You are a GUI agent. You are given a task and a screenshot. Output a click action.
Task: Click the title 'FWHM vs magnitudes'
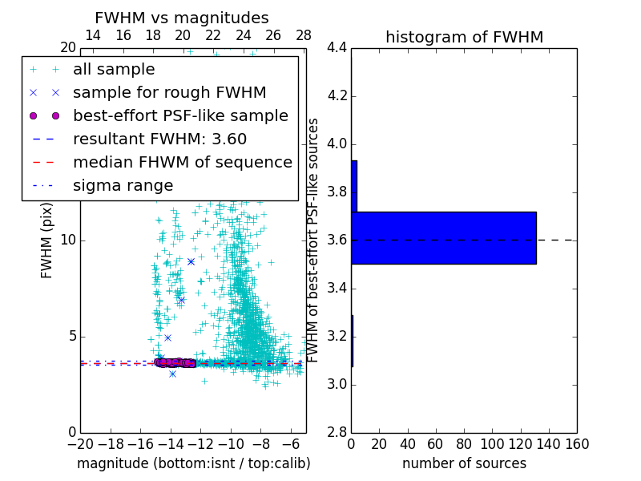click(182, 18)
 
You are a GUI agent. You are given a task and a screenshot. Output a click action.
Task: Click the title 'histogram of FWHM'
click(464, 37)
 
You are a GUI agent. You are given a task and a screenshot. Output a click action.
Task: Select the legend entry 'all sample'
click(114, 70)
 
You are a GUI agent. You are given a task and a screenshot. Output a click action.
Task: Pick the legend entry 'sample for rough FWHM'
click(169, 92)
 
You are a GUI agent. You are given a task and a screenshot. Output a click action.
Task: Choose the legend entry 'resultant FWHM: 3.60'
click(159, 139)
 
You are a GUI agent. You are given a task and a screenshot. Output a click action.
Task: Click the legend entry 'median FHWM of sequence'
click(182, 162)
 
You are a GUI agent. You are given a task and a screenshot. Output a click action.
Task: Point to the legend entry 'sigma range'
click(123, 185)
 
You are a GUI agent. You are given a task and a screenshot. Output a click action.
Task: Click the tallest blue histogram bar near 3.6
click(443, 237)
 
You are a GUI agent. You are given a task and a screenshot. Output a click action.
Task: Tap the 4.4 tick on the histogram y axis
click(337, 48)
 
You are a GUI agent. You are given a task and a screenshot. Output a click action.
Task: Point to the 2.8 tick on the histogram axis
click(337, 432)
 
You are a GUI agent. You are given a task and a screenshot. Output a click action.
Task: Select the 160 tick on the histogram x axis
click(576, 444)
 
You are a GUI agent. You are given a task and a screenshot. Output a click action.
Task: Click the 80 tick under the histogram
click(464, 444)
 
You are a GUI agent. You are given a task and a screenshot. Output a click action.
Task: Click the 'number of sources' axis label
click(464, 463)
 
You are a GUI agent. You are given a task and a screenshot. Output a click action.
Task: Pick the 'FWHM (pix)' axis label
click(47, 240)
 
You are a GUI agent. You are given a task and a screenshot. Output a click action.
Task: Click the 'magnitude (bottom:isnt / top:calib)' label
click(193, 463)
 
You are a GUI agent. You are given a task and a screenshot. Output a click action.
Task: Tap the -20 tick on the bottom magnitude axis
click(80, 444)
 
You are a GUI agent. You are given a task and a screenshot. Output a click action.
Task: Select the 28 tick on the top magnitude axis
click(304, 35)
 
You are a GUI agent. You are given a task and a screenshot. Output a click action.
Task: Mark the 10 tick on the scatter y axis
click(68, 240)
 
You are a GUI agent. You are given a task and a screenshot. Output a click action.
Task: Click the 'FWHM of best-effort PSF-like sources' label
click(314, 240)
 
